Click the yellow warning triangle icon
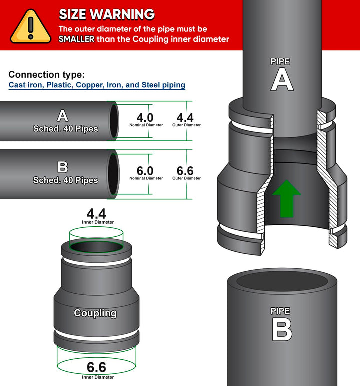[x=31, y=27]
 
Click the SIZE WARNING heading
[x=107, y=14]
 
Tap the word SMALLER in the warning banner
[x=76, y=39]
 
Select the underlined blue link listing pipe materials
[x=97, y=85]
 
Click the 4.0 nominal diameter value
[x=145, y=117]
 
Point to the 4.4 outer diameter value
[x=185, y=117]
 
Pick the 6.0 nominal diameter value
[x=145, y=171]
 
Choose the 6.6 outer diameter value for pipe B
[x=185, y=171]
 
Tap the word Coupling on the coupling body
[x=95, y=313]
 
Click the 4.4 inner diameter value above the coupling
[x=96, y=213]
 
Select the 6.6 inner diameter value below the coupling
[x=96, y=367]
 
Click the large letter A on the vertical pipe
[x=282, y=80]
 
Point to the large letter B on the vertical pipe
[x=282, y=329]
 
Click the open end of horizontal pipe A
[x=114, y=121]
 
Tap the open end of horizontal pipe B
[x=113, y=174]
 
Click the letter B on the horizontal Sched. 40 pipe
[x=63, y=167]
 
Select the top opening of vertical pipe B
[x=282, y=281]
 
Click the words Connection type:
[x=47, y=74]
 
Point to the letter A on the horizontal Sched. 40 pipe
[x=63, y=115]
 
